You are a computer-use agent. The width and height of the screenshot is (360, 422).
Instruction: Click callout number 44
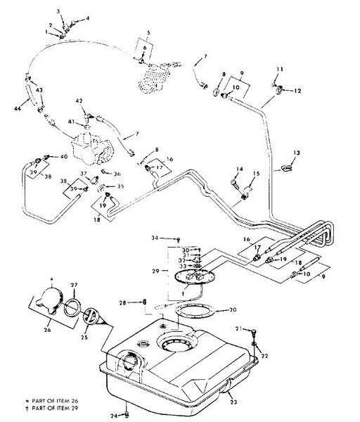(x=18, y=108)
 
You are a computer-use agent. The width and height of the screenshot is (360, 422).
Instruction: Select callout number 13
(x=297, y=153)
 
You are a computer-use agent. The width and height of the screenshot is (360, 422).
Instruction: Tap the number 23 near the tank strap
(x=233, y=402)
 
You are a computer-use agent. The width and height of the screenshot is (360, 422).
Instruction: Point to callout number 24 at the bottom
(x=114, y=416)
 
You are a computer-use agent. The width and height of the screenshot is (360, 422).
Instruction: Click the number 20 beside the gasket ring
(x=233, y=309)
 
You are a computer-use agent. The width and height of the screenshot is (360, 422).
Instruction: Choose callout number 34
(x=155, y=238)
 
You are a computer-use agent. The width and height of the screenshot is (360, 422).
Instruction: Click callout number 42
(x=79, y=101)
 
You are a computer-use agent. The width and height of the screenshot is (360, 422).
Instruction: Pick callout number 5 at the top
(x=148, y=33)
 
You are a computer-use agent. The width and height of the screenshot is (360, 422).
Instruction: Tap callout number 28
(x=122, y=303)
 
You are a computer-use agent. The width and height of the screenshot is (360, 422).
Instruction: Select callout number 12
(x=297, y=91)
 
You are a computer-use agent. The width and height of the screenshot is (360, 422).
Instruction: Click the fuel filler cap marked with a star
(x=50, y=300)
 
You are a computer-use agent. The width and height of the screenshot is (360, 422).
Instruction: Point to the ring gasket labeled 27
(x=72, y=308)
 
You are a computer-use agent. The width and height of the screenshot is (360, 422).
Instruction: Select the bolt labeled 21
(x=254, y=332)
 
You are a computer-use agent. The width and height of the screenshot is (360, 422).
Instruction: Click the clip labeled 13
(x=287, y=169)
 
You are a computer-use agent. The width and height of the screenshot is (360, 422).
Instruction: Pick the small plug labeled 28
(x=144, y=302)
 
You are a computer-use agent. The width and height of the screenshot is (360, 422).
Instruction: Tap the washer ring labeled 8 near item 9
(x=217, y=91)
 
